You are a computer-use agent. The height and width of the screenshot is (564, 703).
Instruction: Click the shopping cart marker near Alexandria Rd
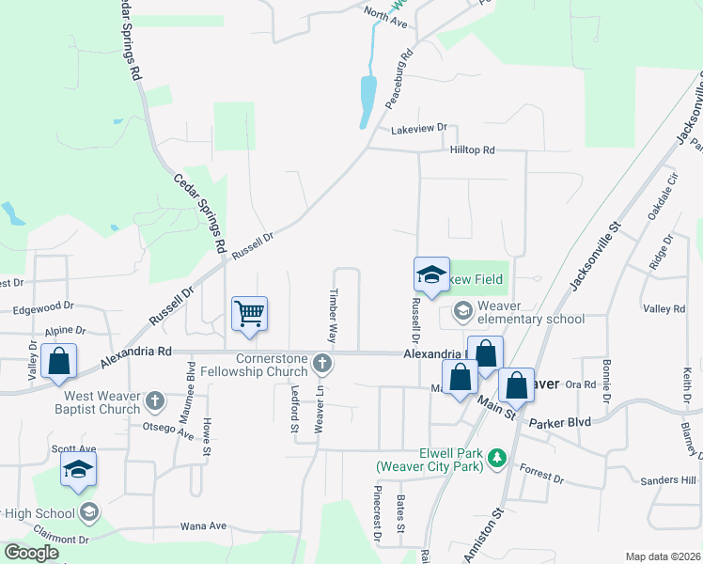(x=250, y=313)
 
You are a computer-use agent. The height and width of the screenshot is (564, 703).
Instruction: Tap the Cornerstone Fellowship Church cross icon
(x=322, y=363)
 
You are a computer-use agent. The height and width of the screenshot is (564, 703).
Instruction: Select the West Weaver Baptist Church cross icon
(x=156, y=403)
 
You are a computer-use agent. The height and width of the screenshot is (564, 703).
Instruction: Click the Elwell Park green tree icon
(x=497, y=458)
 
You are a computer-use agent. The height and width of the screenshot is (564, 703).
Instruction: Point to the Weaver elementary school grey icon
(x=462, y=309)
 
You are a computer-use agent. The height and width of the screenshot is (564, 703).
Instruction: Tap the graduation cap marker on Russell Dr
(x=432, y=274)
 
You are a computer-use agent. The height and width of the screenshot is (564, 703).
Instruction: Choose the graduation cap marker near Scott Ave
(x=78, y=468)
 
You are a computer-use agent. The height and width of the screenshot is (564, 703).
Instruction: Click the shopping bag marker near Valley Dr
(x=58, y=361)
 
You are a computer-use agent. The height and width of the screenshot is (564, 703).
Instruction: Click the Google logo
(x=31, y=553)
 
